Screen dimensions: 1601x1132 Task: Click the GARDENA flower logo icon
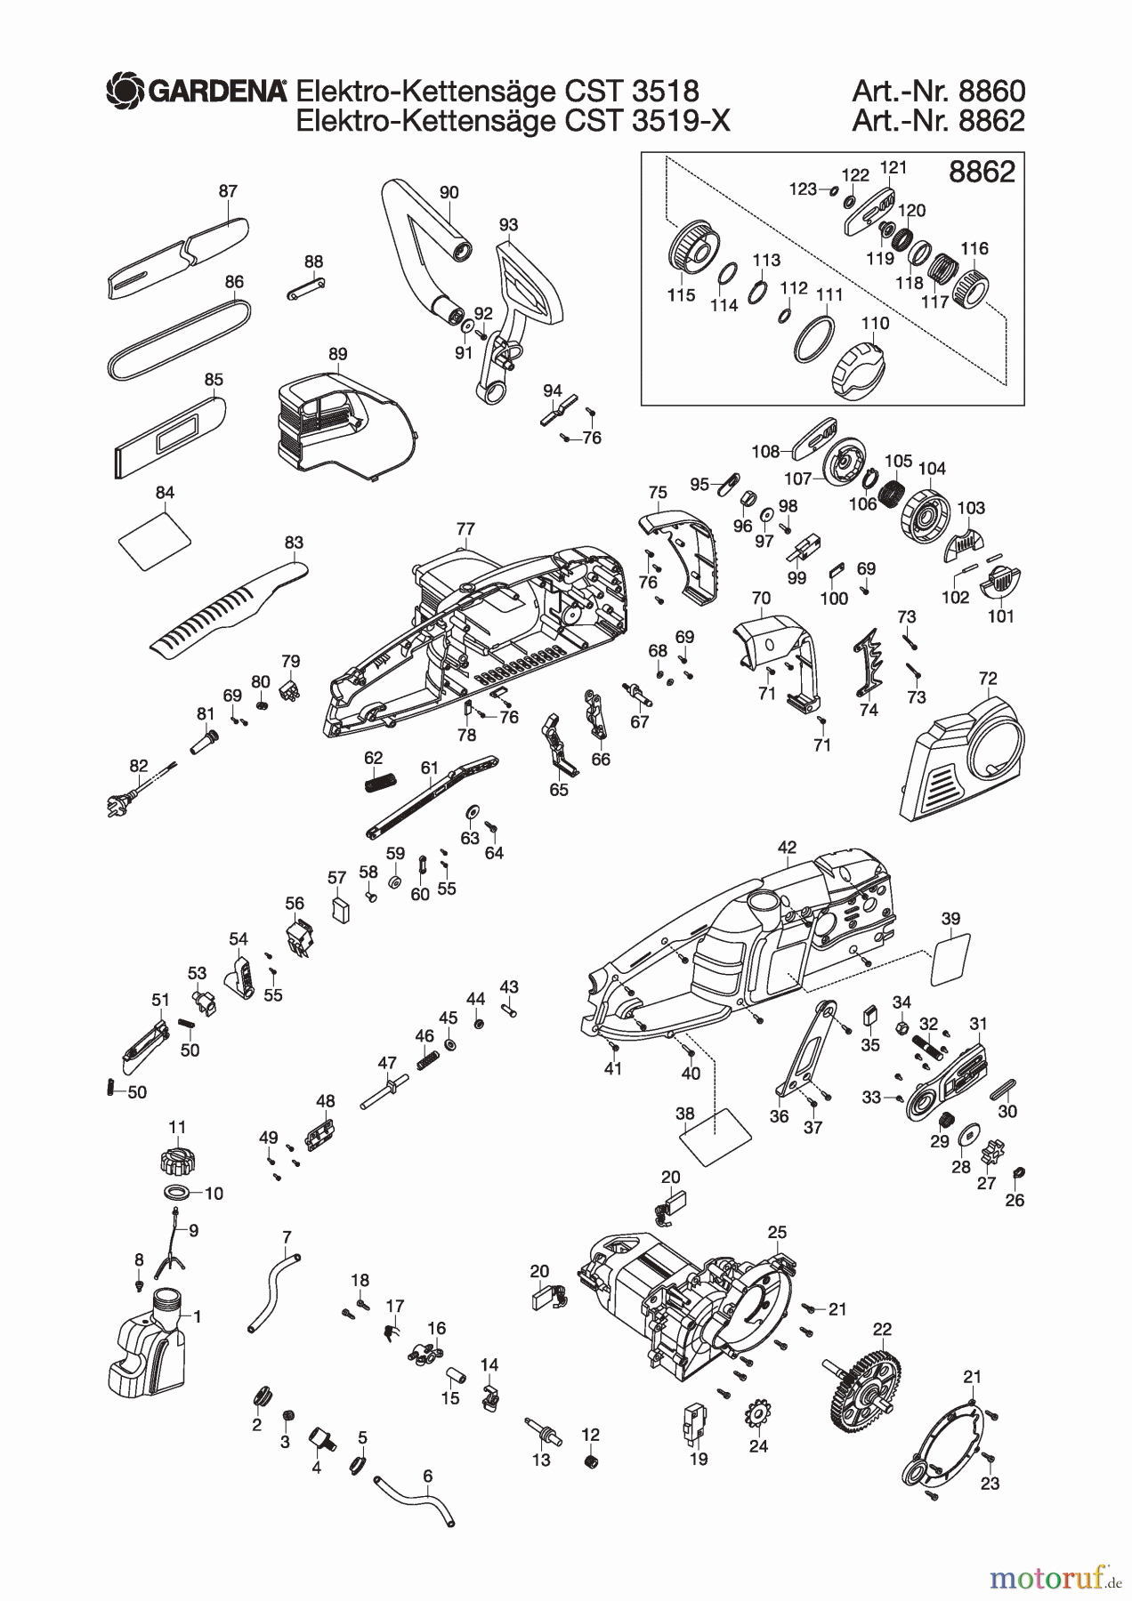125,91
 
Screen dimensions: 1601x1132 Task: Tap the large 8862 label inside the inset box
982,172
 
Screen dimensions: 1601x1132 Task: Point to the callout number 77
465,529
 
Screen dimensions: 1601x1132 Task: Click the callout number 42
787,848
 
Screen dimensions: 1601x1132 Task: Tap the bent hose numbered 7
272,1290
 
